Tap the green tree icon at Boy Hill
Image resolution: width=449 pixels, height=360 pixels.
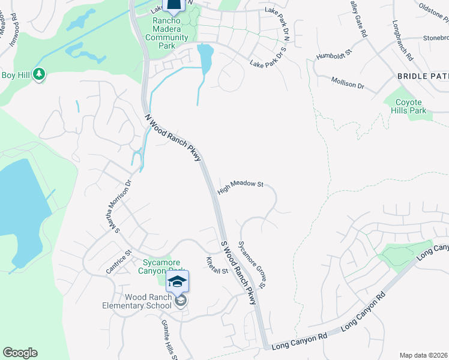[40, 74]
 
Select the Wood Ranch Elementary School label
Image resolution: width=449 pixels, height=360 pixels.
[148, 301]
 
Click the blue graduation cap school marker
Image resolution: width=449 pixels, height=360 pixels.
[177, 282]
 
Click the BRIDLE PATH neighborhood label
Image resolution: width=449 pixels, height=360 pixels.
[423, 76]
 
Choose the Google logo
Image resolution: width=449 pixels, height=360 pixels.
[20, 353]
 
